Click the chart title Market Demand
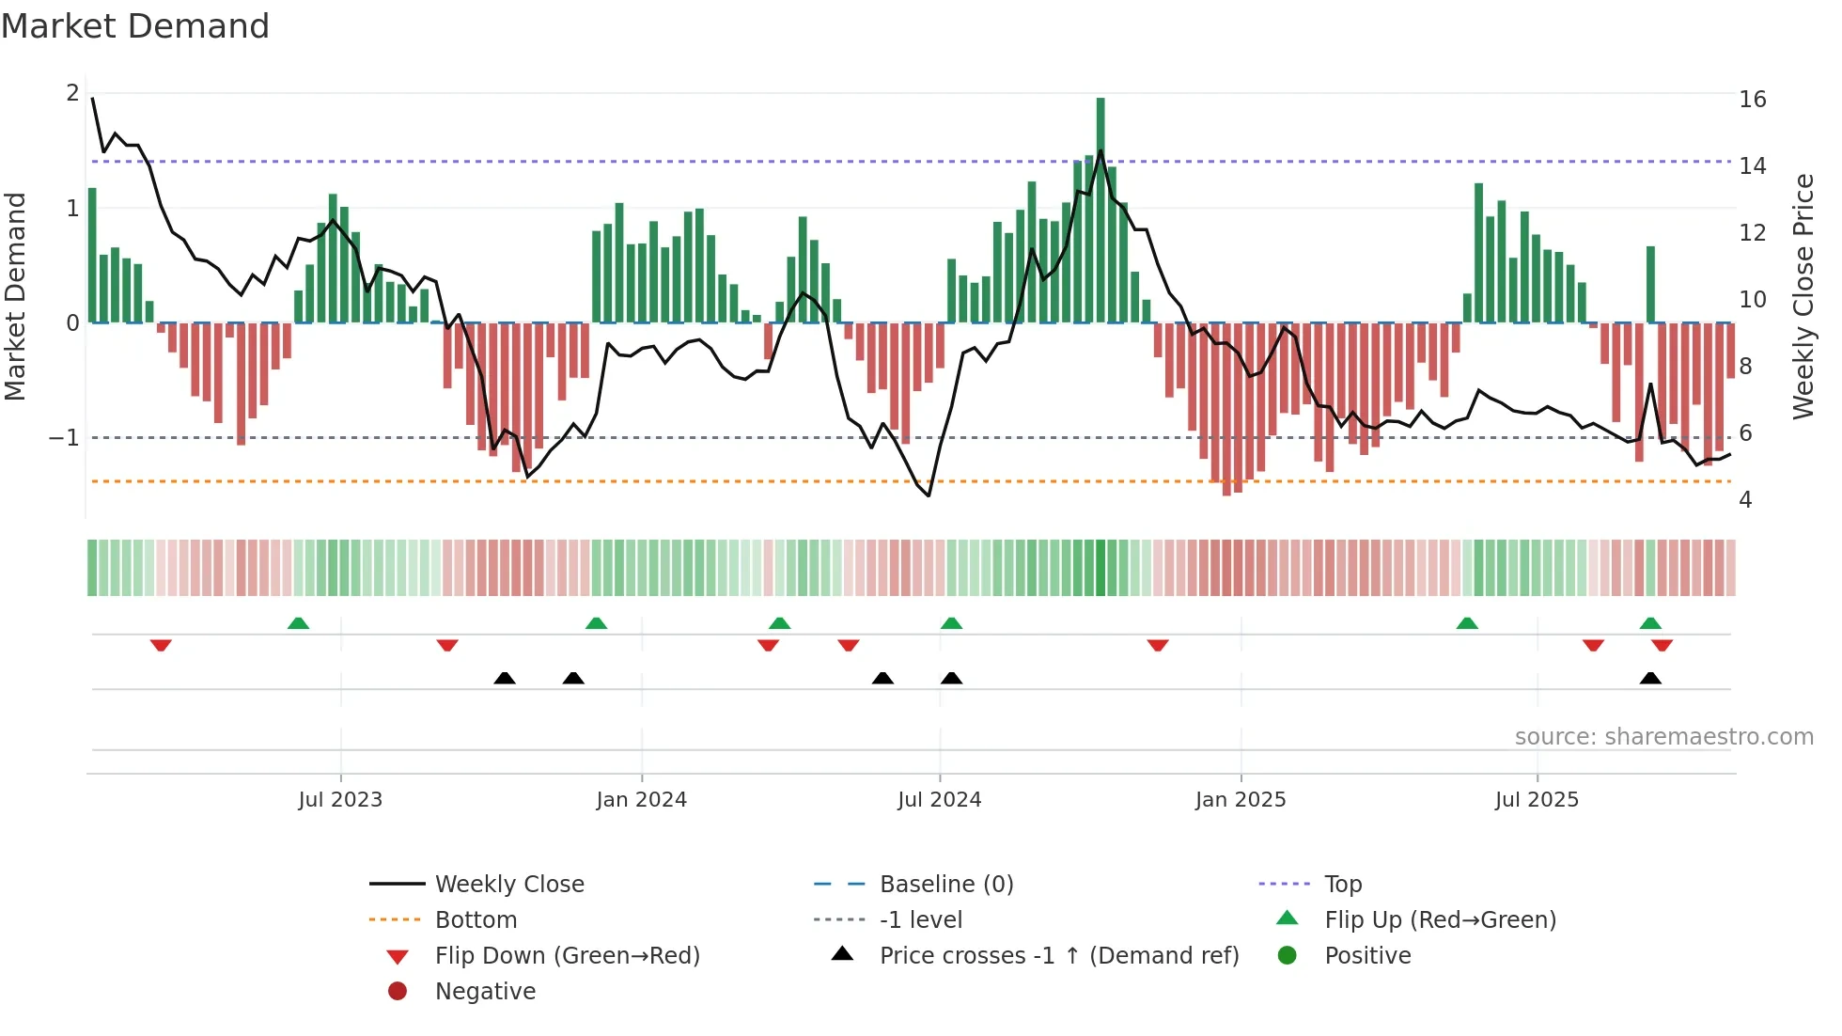click(x=135, y=26)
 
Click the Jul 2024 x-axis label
click(x=939, y=799)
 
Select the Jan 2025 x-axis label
click(x=1241, y=799)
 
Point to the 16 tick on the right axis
click(x=1752, y=100)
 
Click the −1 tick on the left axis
click(x=64, y=438)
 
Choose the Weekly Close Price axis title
click(x=1803, y=296)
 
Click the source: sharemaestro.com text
click(x=1663, y=736)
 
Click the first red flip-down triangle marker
click(x=161, y=645)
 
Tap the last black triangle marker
click(x=1650, y=678)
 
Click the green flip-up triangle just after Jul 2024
click(x=951, y=623)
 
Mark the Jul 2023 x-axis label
click(x=340, y=799)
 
